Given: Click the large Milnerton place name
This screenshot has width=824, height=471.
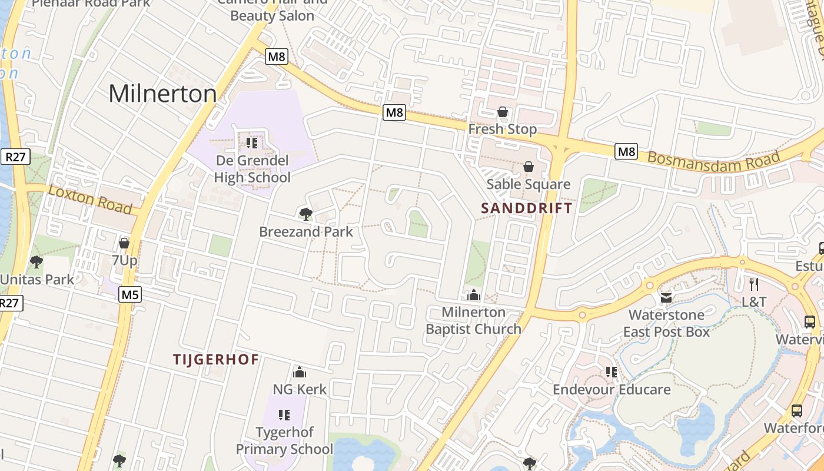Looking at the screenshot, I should [163, 94].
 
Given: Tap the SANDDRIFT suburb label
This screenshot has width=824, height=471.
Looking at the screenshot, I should [526, 208].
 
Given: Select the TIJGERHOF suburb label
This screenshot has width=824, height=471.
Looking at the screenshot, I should [216, 359].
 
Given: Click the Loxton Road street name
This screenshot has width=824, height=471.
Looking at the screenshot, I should [89, 199].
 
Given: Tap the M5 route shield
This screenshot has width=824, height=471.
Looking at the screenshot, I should [129, 294].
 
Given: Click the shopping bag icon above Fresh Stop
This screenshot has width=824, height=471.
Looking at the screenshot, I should [503, 112].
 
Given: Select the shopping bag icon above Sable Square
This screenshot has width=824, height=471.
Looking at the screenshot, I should [528, 167].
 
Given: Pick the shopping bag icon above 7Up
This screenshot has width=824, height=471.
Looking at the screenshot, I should [124, 243].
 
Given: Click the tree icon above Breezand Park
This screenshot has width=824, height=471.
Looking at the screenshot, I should [305, 214].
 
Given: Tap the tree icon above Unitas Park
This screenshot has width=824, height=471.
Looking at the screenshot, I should [36, 262].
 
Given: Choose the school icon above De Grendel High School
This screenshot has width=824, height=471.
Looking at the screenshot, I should [252, 143].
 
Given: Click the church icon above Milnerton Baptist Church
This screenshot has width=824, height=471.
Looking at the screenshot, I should [474, 295].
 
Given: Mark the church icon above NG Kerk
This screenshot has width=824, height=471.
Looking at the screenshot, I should [300, 372].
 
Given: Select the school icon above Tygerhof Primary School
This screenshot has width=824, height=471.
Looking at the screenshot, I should [284, 415].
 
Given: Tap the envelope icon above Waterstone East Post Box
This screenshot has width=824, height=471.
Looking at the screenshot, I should [666, 298].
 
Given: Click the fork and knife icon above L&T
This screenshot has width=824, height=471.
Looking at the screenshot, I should [754, 284].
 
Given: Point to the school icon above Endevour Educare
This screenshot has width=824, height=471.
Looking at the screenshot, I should [612, 372].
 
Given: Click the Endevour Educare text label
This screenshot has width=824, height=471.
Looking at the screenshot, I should [612, 389].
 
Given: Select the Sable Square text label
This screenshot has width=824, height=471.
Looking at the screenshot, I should [528, 184].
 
